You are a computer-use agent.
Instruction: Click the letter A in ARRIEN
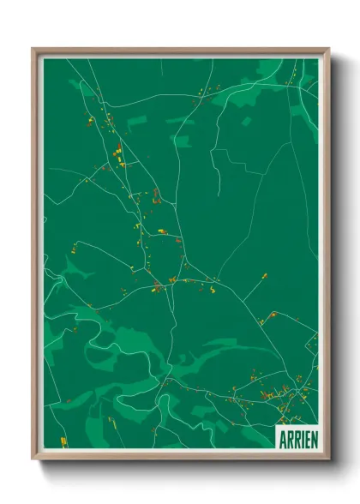283,436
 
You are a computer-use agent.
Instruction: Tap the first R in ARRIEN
290,436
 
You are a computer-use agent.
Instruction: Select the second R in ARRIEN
297,436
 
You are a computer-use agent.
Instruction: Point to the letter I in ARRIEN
302,436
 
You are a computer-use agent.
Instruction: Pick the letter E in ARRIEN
307,436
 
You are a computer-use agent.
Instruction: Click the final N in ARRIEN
314,436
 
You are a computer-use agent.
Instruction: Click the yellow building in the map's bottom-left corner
63,441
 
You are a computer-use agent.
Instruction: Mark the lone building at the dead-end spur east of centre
264,276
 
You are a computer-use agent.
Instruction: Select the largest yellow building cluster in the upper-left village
117,155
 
